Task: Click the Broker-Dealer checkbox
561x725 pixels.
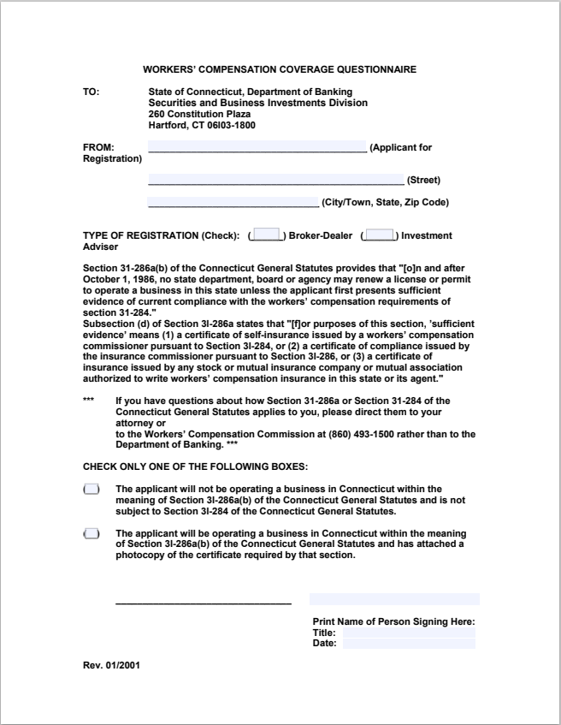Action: (268, 235)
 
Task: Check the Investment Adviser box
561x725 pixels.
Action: (379, 235)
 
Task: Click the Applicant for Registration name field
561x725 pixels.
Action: (257, 146)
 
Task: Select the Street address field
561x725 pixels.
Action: (275, 179)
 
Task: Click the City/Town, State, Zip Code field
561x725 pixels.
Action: (233, 202)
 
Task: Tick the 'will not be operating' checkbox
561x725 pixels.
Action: (91, 490)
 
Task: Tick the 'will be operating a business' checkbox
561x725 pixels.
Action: (91, 533)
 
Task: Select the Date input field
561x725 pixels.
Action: (409, 644)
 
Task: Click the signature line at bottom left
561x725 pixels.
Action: (203, 601)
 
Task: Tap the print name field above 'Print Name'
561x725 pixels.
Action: (394, 599)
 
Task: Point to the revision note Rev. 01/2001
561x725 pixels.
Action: (107, 664)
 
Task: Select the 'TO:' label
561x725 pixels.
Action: (91, 92)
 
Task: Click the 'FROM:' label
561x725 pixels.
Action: (98, 147)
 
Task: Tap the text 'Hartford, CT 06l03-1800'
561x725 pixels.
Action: (201, 125)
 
